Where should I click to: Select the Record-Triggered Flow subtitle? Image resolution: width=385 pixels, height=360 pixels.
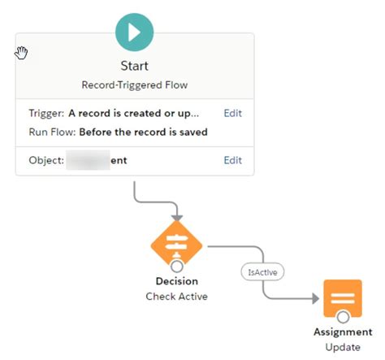pos(135,85)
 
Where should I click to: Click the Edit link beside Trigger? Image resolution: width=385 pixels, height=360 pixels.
pos(232,114)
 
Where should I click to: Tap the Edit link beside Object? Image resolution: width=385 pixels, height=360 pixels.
pos(232,160)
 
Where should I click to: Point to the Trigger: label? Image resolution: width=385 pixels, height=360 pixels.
pos(45,114)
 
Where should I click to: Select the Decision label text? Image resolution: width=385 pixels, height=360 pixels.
pos(176,282)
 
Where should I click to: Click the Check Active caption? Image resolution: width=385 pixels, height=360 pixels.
pos(176,297)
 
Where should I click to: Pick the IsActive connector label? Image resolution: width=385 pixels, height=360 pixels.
pos(264,273)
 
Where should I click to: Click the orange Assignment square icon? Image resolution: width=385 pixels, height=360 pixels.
pos(342,298)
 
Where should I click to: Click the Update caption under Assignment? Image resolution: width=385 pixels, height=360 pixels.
pos(342,348)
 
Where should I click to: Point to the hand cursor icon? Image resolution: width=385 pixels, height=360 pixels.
pos(21,54)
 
